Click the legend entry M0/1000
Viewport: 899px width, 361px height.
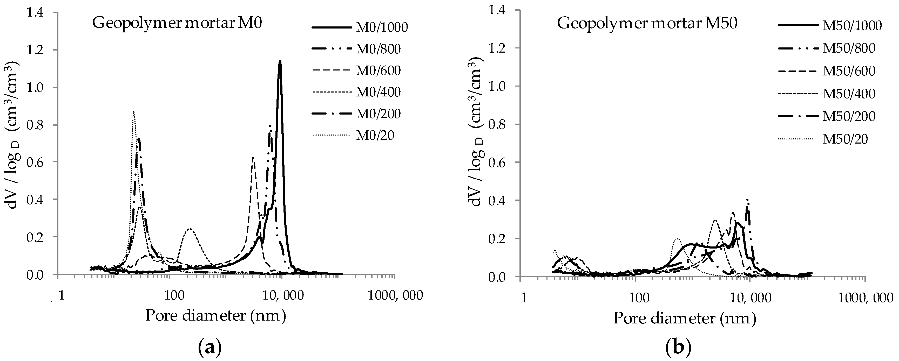pyautogui.click(x=381, y=27)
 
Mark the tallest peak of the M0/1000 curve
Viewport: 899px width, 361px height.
pyautogui.click(x=280, y=62)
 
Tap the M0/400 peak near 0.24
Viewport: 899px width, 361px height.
pyautogui.click(x=190, y=229)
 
